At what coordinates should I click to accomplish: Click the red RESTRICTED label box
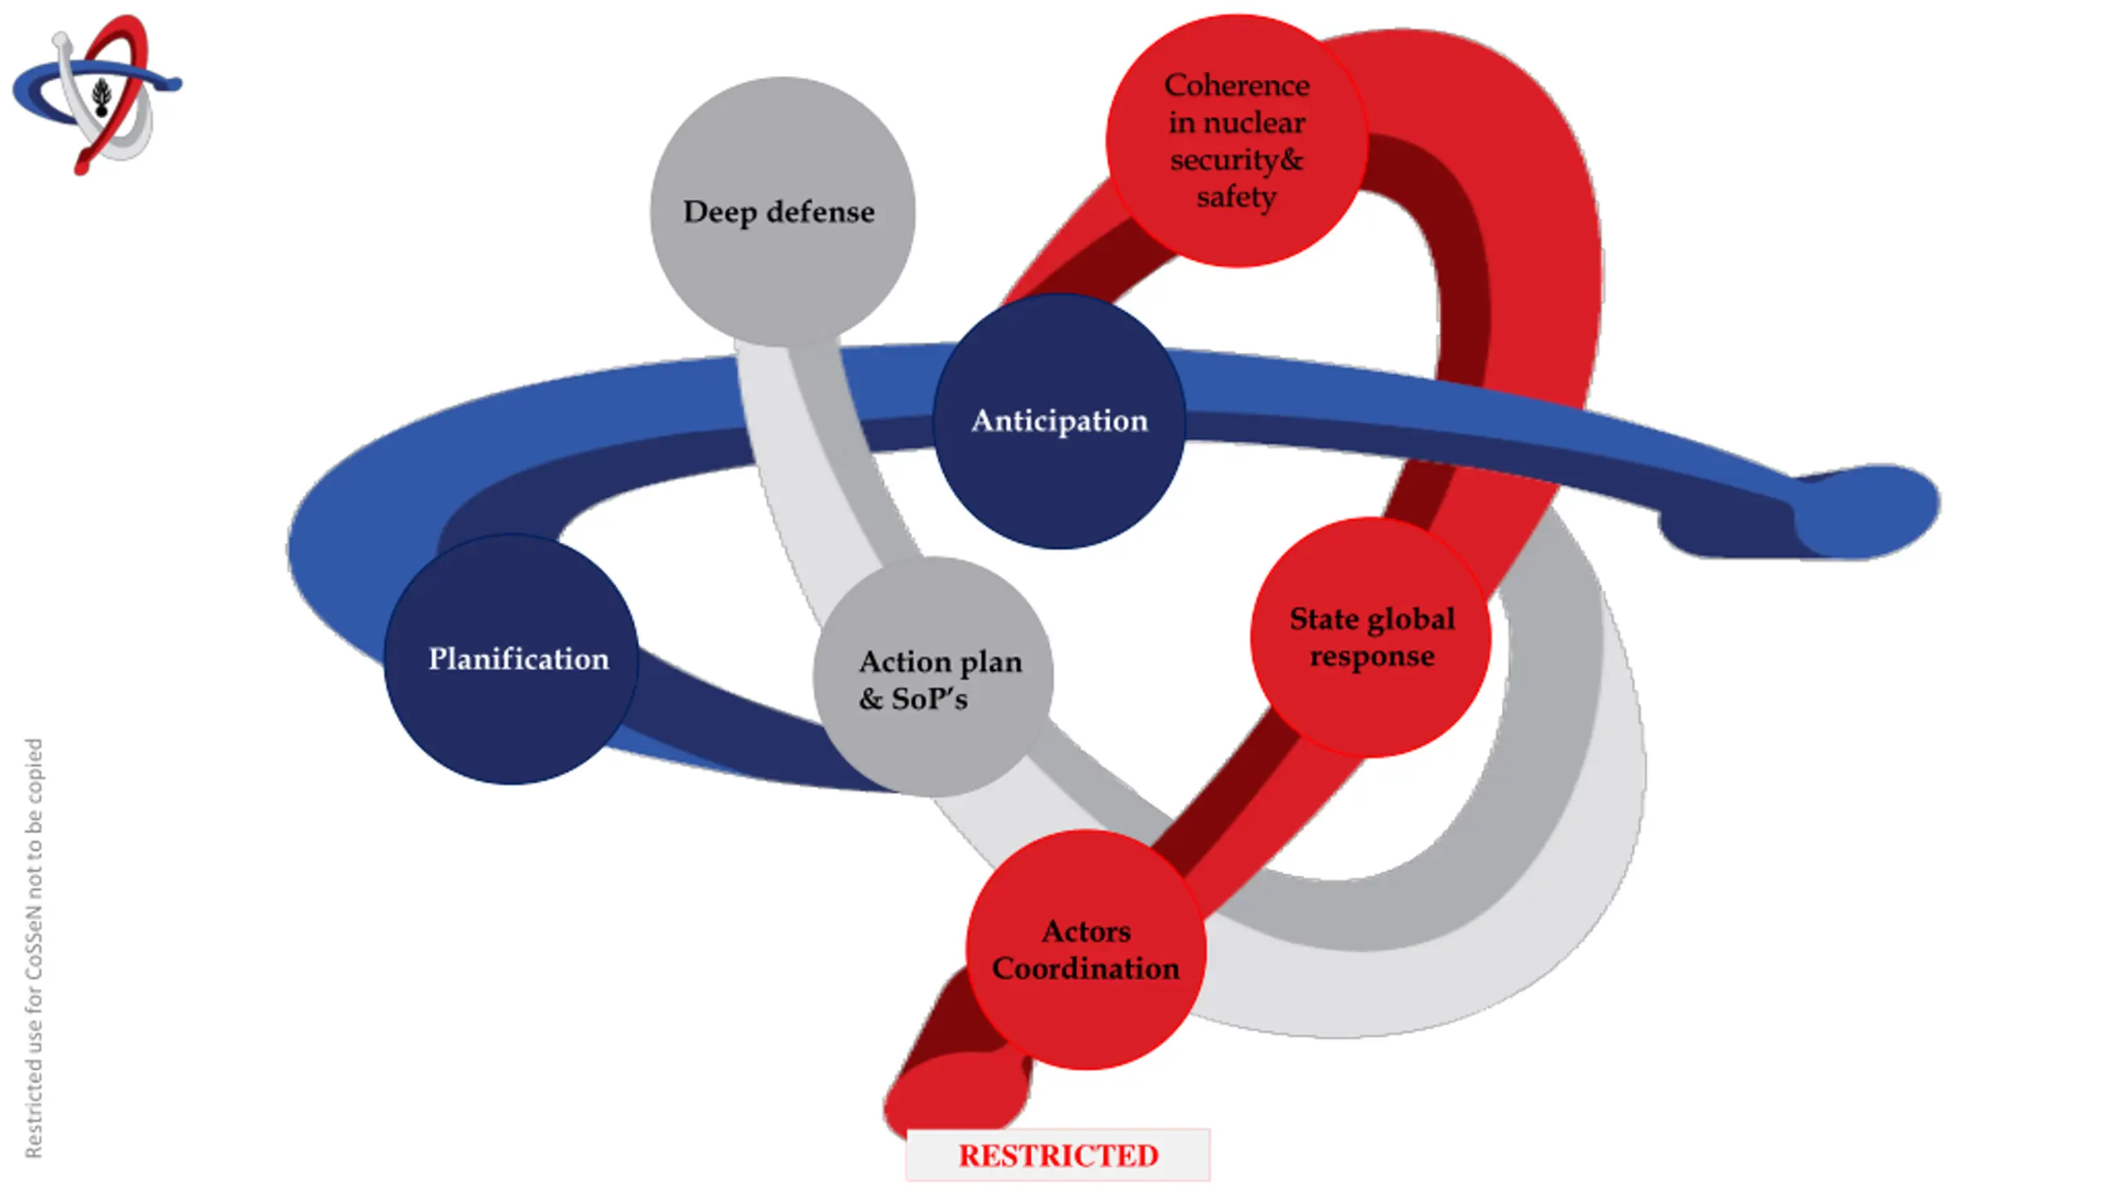coord(1058,1155)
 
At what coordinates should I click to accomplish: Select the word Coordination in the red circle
coord(1085,969)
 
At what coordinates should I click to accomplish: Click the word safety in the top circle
coord(1237,197)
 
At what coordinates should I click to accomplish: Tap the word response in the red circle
coord(1372,656)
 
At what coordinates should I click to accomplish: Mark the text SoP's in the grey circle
coord(929,699)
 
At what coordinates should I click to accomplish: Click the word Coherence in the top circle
coord(1237,85)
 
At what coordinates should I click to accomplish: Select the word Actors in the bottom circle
coord(1086,931)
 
